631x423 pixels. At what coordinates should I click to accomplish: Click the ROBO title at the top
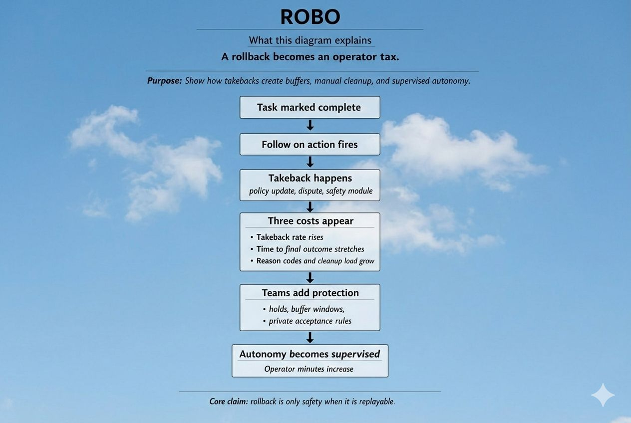310,17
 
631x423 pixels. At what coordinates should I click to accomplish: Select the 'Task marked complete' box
310,107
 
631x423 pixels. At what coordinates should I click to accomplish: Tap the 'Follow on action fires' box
310,145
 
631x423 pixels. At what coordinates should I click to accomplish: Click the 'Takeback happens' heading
310,178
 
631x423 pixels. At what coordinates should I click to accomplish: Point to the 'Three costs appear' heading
310,221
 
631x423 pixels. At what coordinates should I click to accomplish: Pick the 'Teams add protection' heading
310,293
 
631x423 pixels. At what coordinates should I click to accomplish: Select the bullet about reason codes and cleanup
315,261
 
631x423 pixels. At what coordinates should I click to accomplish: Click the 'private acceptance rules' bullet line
310,321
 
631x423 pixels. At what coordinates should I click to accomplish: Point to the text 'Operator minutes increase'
309,369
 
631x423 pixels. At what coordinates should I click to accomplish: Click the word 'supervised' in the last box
355,354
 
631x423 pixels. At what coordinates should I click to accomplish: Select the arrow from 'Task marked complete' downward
310,125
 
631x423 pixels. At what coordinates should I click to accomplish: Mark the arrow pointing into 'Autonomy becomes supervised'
310,338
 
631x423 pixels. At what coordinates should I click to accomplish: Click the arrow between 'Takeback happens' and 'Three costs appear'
310,207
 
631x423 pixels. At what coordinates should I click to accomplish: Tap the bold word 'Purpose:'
164,81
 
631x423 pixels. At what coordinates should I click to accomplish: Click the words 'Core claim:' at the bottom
228,401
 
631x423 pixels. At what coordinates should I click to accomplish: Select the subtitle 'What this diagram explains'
310,40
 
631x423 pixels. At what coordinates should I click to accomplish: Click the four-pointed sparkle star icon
603,395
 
